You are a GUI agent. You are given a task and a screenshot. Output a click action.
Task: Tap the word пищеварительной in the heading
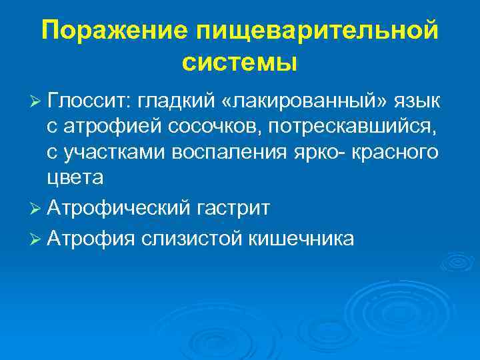(317, 31)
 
